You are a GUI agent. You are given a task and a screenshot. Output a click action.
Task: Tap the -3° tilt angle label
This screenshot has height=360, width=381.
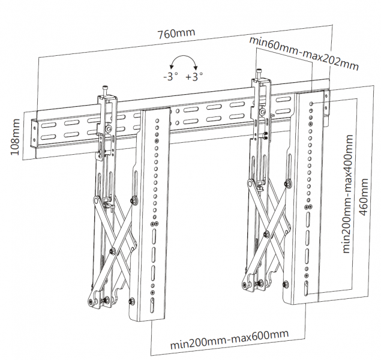170,77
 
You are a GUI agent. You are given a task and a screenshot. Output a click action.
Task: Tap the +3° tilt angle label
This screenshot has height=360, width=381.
194,77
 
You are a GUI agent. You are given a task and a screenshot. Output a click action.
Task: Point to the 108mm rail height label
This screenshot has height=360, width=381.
17,137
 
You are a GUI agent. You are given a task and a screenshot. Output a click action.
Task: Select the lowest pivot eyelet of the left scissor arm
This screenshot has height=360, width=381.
93,302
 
